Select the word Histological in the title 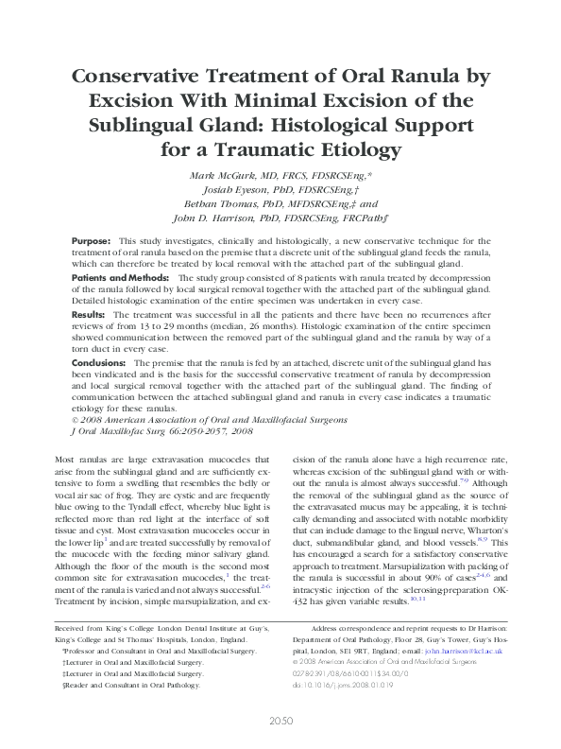337,126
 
